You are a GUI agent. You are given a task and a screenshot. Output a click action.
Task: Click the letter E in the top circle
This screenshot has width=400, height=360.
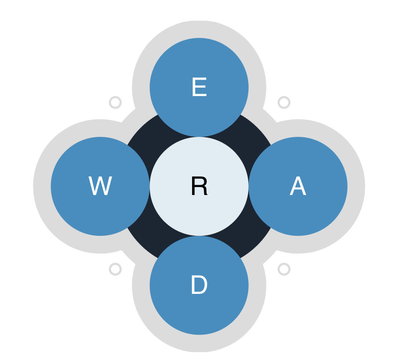point(199,88)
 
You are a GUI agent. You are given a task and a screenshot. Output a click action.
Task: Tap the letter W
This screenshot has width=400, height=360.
point(100,187)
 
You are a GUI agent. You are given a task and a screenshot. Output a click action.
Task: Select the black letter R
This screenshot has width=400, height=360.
point(199,187)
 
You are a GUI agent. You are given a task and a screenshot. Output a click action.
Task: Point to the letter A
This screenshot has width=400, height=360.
point(298,187)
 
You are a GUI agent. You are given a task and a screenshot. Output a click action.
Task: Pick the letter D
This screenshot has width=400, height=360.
point(199,285)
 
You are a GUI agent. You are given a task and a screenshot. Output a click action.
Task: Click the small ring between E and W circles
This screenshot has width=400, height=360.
point(115,102)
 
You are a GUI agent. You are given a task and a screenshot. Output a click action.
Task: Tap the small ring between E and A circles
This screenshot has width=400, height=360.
point(284,102)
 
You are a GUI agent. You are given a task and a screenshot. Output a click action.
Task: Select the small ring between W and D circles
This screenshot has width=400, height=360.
point(115,269)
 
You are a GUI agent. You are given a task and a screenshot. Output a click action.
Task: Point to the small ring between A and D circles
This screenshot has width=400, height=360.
point(284,269)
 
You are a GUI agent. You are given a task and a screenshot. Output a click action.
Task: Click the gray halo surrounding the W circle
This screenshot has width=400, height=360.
point(42,187)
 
